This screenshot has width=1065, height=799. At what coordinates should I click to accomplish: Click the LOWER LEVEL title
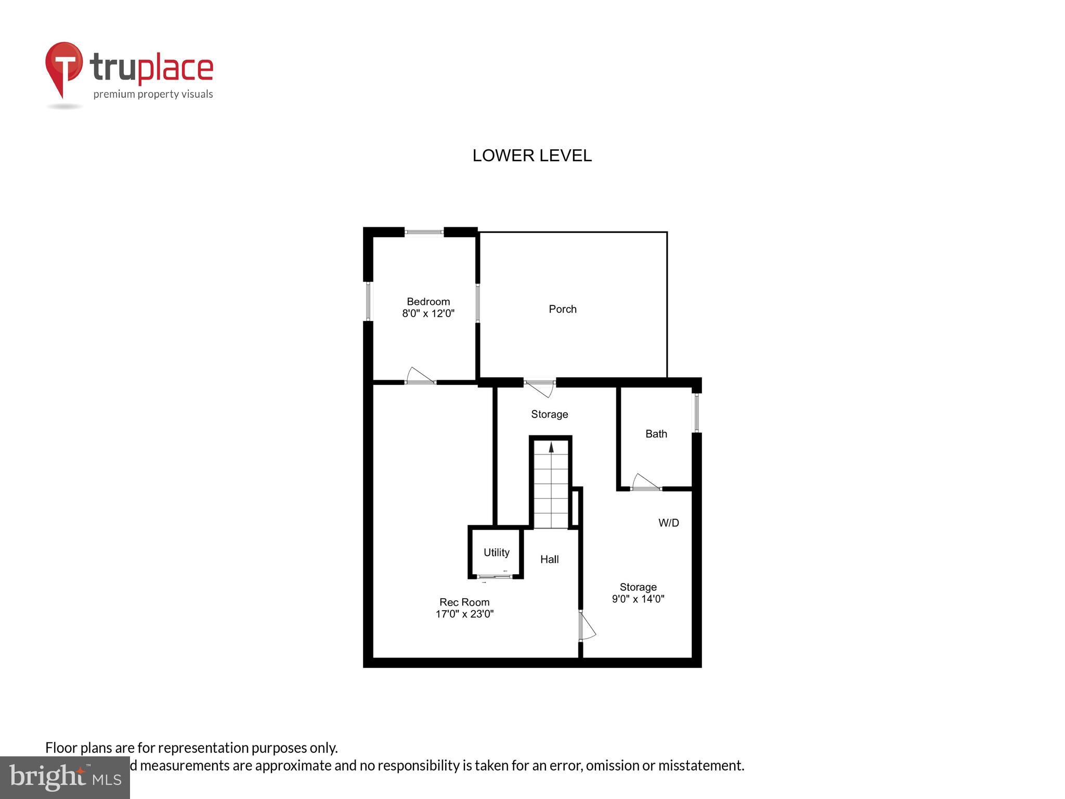click(x=531, y=156)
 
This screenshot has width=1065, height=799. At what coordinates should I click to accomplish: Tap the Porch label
click(x=562, y=309)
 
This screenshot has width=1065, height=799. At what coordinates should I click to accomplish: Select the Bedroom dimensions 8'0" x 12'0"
click(x=428, y=314)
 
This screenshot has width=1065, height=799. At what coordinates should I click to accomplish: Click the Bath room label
click(x=656, y=434)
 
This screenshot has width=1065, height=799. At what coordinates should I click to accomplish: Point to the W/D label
click(x=668, y=523)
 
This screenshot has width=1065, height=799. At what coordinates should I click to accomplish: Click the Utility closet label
click(x=496, y=552)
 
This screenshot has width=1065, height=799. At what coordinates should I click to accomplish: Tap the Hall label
click(x=549, y=559)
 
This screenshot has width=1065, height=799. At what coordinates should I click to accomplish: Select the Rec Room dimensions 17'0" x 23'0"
click(x=464, y=614)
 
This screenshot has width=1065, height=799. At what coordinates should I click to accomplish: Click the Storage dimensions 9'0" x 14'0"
click(x=638, y=599)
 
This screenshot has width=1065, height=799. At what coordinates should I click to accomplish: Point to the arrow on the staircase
click(x=551, y=447)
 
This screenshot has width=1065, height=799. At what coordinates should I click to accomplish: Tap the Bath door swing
click(x=645, y=483)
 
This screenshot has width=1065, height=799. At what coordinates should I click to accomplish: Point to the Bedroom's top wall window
click(x=424, y=233)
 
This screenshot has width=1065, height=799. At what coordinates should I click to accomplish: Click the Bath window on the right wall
click(x=696, y=413)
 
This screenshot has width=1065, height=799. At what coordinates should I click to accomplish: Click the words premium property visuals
click(x=153, y=94)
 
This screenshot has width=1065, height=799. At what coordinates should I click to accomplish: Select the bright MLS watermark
click(x=65, y=778)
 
